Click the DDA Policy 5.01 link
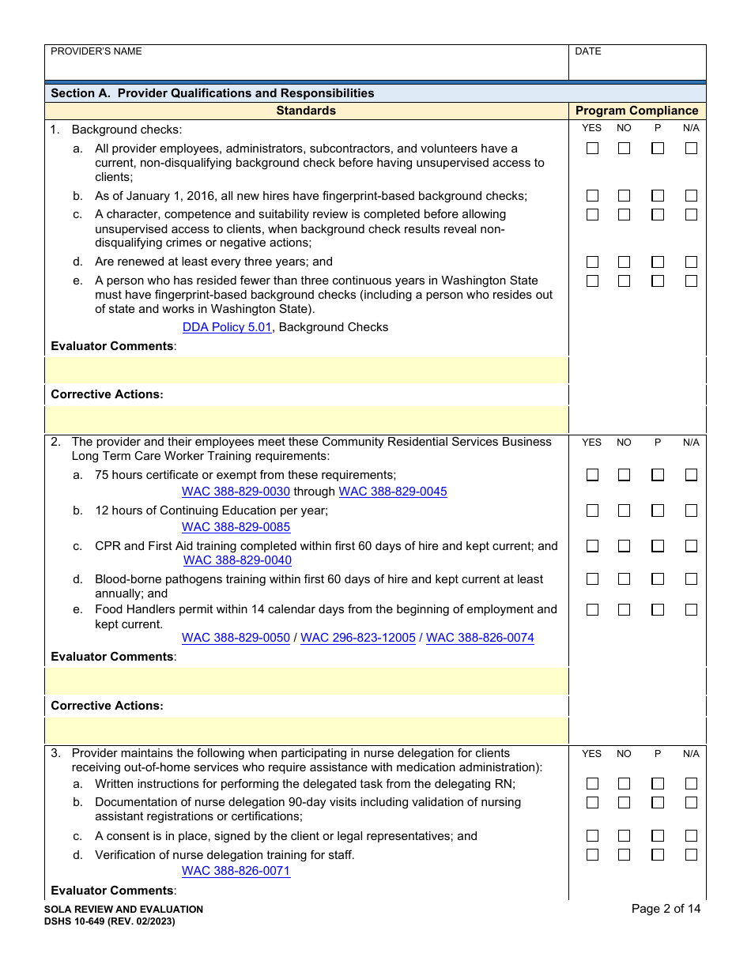point(227,327)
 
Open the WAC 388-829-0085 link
point(236,527)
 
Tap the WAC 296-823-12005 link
point(358,638)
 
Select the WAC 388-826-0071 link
point(236,871)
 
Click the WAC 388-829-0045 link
point(393,492)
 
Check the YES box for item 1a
point(592,149)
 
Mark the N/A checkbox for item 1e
point(691,281)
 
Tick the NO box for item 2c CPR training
point(624,546)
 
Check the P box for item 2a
point(658,475)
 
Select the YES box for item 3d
point(592,855)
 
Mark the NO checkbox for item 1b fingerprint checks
point(624,196)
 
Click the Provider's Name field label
point(96,51)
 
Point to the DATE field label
point(588,51)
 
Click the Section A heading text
point(213,93)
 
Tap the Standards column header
point(306,111)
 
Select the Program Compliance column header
point(636,111)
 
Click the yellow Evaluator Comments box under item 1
point(307,370)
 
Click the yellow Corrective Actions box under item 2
point(307,730)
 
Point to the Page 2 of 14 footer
point(666,909)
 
